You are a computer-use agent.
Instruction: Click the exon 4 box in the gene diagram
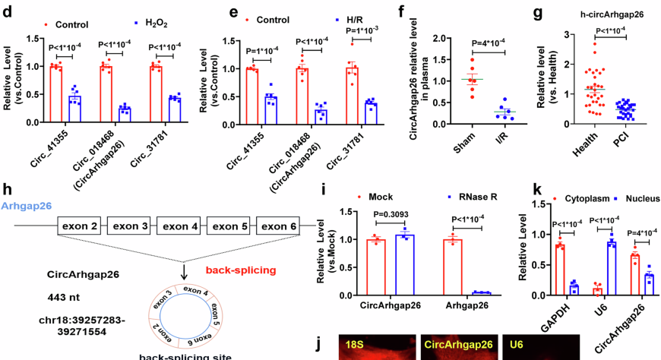[181, 226]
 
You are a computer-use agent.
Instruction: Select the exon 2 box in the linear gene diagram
[81, 226]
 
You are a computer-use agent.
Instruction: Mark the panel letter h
[7, 189]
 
